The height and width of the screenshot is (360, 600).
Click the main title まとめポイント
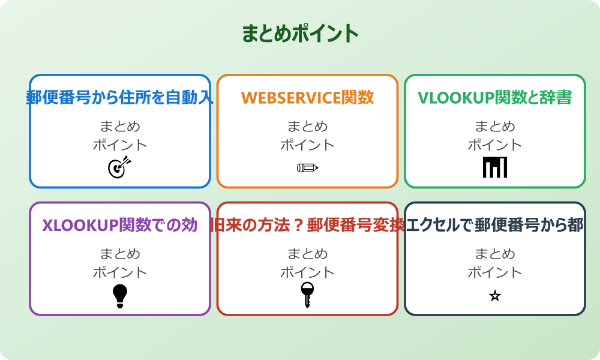300,34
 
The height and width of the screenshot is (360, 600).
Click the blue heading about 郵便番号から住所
120,97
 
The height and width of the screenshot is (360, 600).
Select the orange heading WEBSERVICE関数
307,97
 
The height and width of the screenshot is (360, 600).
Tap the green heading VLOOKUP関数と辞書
494,97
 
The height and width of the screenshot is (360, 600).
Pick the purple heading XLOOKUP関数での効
120,225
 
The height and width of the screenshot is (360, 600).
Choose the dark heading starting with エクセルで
494,225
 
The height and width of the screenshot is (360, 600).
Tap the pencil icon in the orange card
307,167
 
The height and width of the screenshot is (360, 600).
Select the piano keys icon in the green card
494,167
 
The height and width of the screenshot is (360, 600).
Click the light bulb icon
120,295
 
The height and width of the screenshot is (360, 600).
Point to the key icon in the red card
307,295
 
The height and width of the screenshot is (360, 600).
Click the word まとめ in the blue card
120,127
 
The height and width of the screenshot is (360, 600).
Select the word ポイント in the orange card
307,145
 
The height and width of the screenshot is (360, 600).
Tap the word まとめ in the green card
494,127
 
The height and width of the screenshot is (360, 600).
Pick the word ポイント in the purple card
120,272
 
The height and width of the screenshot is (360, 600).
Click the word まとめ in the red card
307,254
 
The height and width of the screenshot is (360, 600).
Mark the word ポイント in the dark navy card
494,272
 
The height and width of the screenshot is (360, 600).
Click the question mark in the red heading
297,225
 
